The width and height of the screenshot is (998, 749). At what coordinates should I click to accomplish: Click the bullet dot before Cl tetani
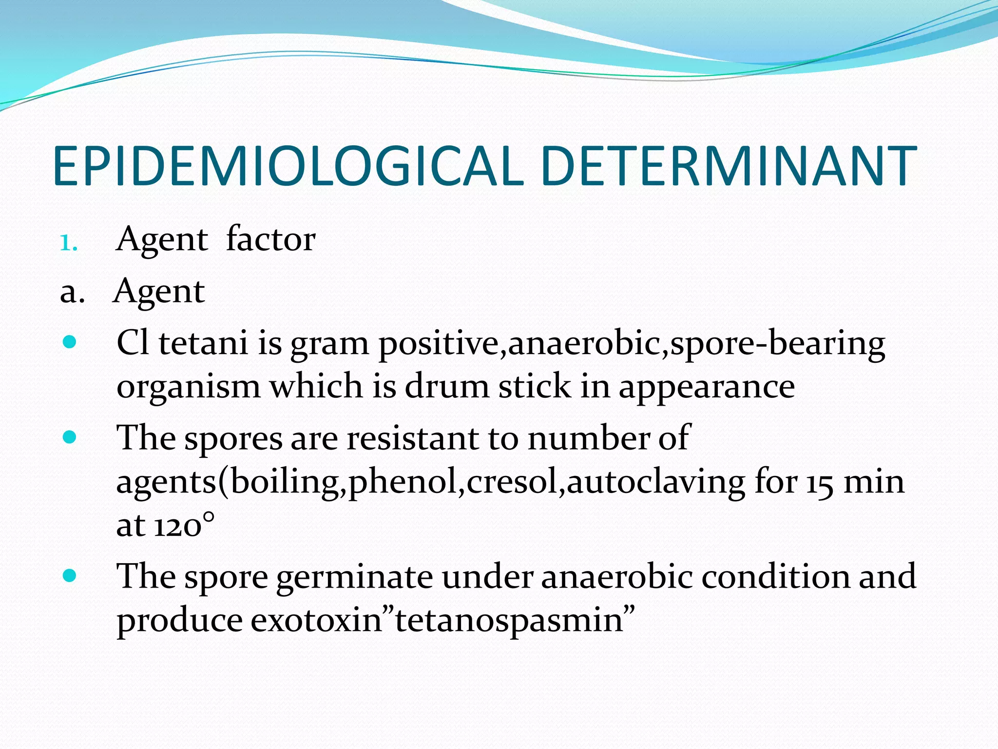tap(70, 342)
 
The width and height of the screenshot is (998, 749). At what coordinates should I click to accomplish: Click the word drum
tap(446, 386)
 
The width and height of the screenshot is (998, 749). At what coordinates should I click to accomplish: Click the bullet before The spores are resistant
tap(70, 436)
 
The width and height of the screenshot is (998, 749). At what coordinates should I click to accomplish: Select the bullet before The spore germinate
tap(70, 576)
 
